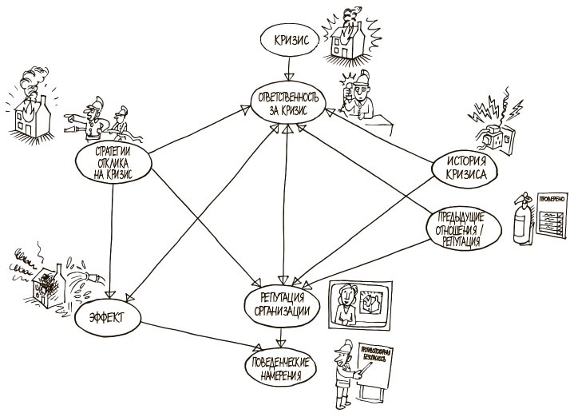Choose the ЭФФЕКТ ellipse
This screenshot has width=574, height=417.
point(109,321)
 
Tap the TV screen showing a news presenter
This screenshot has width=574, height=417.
point(359,305)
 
